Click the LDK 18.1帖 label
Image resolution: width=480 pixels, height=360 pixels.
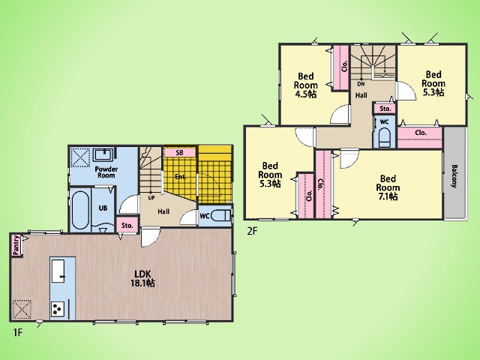click(x=143, y=278)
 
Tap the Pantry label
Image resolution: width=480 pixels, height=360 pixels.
click(x=16, y=245)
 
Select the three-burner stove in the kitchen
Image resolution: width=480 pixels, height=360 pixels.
click(x=58, y=309)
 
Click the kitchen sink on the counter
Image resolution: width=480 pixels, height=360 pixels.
click(x=58, y=271)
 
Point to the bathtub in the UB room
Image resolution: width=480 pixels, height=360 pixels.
click(x=80, y=210)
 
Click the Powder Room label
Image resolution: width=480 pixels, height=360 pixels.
click(x=106, y=172)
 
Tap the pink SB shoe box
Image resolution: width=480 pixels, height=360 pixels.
click(x=180, y=152)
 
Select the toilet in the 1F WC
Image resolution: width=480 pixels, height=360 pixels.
click(x=220, y=215)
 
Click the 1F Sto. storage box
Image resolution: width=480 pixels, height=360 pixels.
click(x=127, y=226)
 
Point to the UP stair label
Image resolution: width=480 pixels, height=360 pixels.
click(x=151, y=198)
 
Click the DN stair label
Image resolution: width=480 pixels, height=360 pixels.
click(x=361, y=83)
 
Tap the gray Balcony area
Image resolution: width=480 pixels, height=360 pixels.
click(x=454, y=173)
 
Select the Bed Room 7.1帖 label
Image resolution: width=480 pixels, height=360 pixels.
click(x=388, y=187)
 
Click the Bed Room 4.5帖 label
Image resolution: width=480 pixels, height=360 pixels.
click(x=305, y=85)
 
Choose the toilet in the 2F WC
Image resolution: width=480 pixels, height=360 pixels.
click(x=384, y=138)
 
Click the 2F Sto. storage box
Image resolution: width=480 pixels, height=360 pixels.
click(x=385, y=109)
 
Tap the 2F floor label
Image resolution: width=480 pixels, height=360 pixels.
click(x=252, y=231)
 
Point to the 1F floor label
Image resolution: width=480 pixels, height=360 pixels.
click(x=18, y=332)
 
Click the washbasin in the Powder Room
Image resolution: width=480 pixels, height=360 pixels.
click(x=103, y=154)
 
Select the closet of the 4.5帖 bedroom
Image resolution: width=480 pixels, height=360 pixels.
click(x=340, y=67)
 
